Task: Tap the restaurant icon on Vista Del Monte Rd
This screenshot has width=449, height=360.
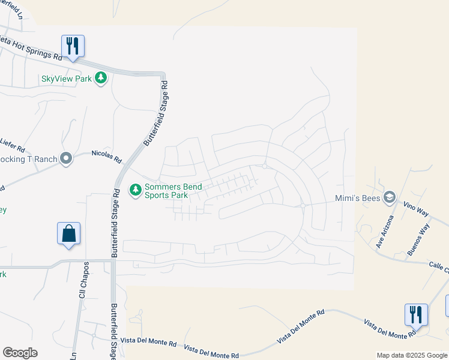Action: coord(416,314)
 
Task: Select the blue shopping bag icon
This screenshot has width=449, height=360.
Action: coord(69,233)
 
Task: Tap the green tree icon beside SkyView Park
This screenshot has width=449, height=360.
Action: coord(101,78)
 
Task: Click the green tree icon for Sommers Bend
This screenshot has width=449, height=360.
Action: coord(136,190)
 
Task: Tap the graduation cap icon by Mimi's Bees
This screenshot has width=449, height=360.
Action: coord(390,197)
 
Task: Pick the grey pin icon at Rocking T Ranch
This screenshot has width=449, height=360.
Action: coord(66,159)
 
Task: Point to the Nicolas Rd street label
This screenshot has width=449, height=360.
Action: coord(106,157)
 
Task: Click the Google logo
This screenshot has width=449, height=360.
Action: coord(20,353)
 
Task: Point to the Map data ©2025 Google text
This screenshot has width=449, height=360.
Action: coord(411,355)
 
